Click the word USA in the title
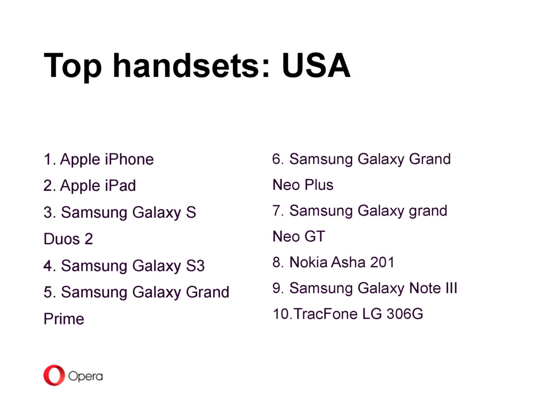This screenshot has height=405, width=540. coord(316,65)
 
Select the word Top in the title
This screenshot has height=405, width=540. coord(73,67)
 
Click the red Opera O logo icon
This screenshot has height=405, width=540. coord(54,375)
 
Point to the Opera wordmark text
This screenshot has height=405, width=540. coord(85,377)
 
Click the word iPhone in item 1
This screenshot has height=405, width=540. coord(129,159)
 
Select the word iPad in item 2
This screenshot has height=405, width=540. coord(120,186)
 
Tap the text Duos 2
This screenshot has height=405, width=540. coord(68,239)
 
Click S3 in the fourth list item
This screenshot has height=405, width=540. coord(195,266)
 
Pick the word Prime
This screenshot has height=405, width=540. coord(64,319)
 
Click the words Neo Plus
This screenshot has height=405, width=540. coord(303,185)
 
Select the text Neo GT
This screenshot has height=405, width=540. coord(298,237)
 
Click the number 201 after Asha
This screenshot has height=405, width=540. coord(382,262)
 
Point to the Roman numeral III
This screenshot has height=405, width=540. coord(451,288)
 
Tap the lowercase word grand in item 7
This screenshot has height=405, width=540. coord(428,211)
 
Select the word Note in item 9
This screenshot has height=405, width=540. coord(425,288)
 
